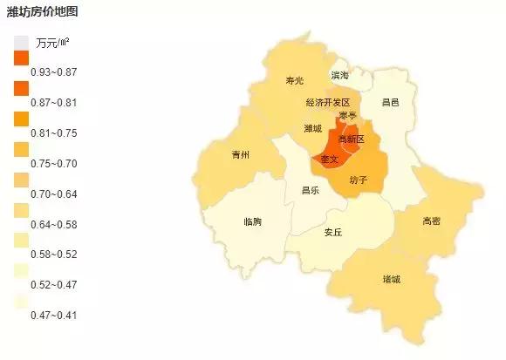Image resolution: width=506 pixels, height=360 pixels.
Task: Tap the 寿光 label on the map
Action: pos(295,81)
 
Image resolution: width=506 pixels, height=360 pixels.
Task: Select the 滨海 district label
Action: pos(339,76)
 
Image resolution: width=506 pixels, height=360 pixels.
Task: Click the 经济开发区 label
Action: pos(327,103)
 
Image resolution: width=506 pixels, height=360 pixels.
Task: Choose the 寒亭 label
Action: pos(347,116)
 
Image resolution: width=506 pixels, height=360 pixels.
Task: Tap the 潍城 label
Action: pos(313,128)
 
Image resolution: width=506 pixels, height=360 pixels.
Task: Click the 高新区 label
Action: pos(351,139)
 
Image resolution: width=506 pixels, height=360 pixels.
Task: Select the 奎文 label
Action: pos(329,160)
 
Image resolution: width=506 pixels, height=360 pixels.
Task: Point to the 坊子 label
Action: pos(358,180)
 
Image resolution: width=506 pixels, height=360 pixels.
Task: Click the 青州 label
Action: pos(240,155)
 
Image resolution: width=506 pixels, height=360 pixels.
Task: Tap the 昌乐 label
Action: pos(311,190)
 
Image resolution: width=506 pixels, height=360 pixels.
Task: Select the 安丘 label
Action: pos(332,233)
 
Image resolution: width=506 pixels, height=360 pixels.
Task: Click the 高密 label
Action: pos(431,221)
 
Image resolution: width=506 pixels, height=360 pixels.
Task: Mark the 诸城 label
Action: pos(391,280)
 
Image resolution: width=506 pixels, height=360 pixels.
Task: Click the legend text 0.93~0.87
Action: pos(53,71)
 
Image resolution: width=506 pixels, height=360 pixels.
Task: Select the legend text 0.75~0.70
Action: pos(53,164)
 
